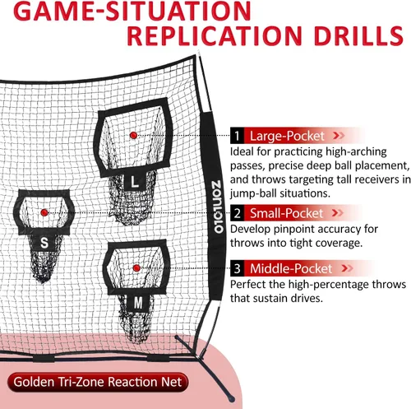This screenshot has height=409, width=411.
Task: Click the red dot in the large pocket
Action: pos(133,135)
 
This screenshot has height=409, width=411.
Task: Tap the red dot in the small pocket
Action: pos(44,212)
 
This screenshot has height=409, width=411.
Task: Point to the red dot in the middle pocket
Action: pos(136,268)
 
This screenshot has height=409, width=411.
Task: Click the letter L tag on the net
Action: pos(134,182)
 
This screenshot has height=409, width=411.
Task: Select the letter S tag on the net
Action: pos(44,243)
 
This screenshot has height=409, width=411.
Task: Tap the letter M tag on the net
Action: pos(138,303)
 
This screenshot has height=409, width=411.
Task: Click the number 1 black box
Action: pos(237,136)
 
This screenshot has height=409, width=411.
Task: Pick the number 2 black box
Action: pos(237,213)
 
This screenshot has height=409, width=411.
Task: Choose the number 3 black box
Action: pos(237,268)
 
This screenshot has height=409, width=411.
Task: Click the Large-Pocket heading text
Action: pos(287,136)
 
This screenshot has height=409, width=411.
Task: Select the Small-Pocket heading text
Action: pos(286,213)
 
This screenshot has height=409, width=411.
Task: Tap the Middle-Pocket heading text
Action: pos(291,268)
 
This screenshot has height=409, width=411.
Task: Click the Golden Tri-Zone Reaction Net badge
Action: pos(98,382)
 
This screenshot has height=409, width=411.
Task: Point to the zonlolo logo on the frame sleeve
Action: pos(218,207)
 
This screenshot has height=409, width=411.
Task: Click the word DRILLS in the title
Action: pos(358,36)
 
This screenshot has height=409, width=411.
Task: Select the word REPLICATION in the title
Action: pos(215,36)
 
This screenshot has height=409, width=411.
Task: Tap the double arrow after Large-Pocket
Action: pos(339,136)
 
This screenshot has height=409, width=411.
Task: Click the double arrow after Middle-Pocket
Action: pos(347,268)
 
